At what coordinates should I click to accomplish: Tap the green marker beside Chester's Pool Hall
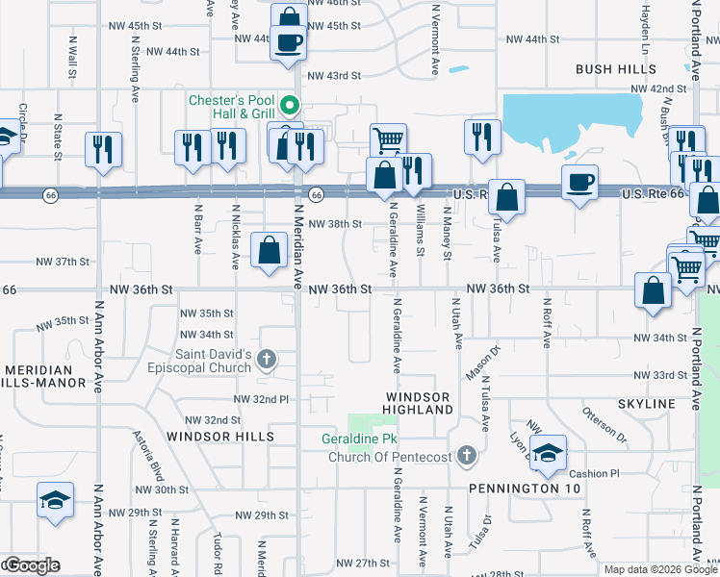tap(296, 107)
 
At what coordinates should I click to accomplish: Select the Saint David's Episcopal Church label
tap(214, 361)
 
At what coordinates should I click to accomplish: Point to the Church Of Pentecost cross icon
tap(466, 455)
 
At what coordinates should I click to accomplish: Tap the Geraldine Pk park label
tap(360, 439)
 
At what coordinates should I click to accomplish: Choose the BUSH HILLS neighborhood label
tap(613, 69)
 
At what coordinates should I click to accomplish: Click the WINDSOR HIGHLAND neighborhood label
tap(419, 403)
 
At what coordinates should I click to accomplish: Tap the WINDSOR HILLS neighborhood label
tap(220, 437)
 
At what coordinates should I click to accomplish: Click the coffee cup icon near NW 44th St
tap(288, 41)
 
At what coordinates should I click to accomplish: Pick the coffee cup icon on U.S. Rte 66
tap(580, 183)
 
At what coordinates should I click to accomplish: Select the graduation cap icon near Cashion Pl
tap(547, 452)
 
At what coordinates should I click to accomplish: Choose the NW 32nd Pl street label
tap(261, 399)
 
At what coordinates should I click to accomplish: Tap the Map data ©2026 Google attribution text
tap(652, 569)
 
